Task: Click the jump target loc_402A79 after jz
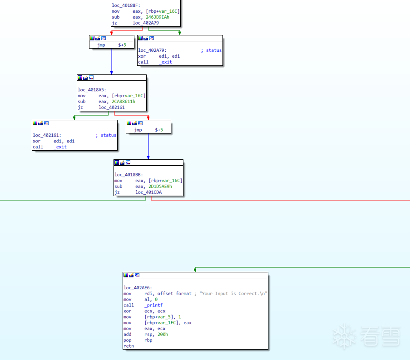coord(146,23)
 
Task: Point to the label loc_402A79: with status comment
coord(152,50)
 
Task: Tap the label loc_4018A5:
coord(92,90)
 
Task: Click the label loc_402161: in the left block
coord(47,135)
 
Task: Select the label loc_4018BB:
coord(128,175)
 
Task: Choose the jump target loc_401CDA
coord(148,192)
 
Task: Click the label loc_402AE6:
coord(138,288)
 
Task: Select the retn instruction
coord(128,346)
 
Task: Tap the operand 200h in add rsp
coord(162,335)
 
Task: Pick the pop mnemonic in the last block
coord(127,340)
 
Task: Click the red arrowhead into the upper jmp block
coord(112,33)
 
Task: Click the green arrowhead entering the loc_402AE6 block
coord(195,270)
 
